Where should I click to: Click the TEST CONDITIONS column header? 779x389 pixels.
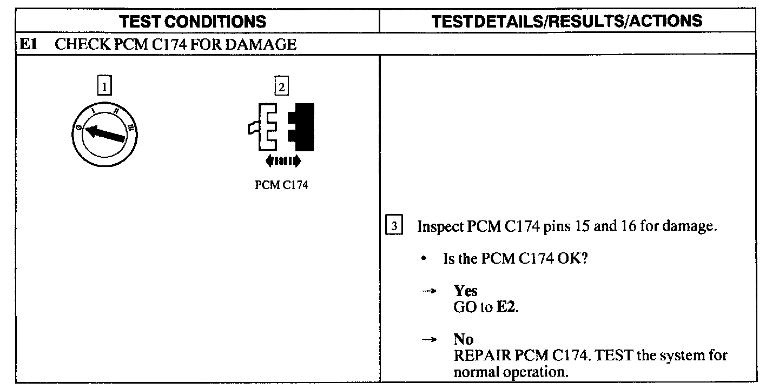[x=193, y=21]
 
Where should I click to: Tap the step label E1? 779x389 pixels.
[x=28, y=44]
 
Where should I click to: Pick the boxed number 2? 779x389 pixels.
[x=281, y=85]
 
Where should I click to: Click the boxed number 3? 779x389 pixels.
[x=394, y=226]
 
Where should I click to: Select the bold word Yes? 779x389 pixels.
[x=466, y=291]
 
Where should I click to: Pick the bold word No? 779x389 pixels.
[x=464, y=339]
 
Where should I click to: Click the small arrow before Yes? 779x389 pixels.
[x=429, y=291]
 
